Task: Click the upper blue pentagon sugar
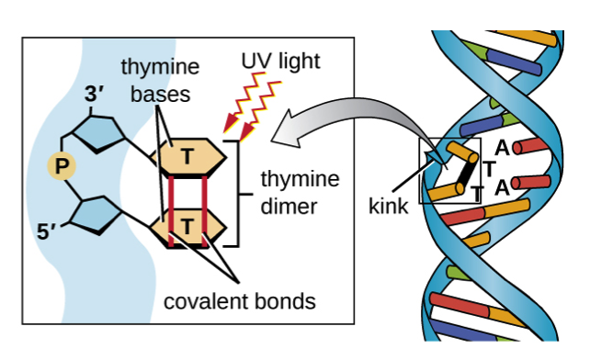[99, 136]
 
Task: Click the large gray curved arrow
[349, 119]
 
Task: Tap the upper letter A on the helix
[502, 147]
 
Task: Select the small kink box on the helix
[449, 171]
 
